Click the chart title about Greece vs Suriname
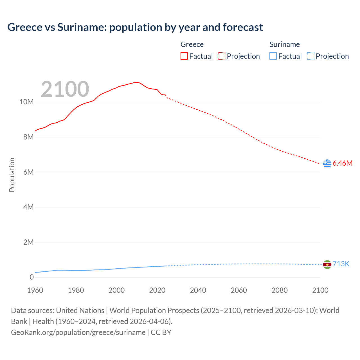tap(135, 27)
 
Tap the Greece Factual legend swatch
tap(184, 56)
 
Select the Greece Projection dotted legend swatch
tap(222, 56)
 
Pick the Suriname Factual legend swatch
tap(273, 56)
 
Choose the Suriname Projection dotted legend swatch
tap(311, 56)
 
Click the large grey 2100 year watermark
tap(65, 89)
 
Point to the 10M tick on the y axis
tap(26, 102)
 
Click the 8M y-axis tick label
tap(28, 137)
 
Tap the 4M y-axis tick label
tap(28, 207)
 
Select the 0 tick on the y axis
tap(31, 277)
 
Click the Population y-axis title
tap(12, 175)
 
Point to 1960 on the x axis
tap(35, 290)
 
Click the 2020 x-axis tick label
tap(157, 290)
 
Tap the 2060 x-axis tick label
tap(239, 290)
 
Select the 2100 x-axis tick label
tap(320, 290)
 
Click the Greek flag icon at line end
tap(327, 163)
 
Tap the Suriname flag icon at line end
tap(327, 264)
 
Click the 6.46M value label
tap(342, 163)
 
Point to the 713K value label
tap(341, 264)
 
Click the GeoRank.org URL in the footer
tap(78, 332)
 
